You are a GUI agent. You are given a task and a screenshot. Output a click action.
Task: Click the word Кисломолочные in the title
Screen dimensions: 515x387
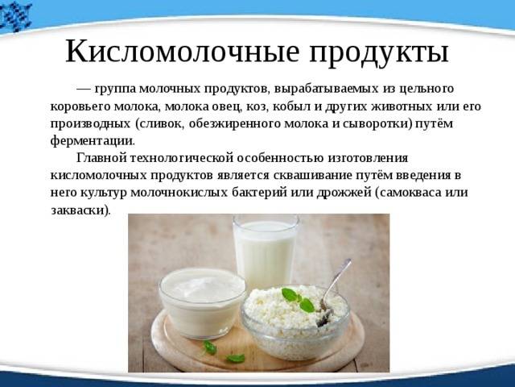coord(183,52)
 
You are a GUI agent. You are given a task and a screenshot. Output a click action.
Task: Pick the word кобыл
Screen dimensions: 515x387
coord(288,106)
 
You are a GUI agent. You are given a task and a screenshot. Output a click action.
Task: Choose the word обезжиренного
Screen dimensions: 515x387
coord(234,123)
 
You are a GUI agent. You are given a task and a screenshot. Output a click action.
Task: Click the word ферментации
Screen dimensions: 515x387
coord(93,141)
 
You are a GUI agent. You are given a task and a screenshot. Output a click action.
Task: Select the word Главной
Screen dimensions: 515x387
coord(102,158)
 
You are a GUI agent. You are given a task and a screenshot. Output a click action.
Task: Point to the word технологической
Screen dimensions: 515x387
coord(182,158)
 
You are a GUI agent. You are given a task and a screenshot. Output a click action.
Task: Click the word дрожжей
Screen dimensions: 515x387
coord(344,193)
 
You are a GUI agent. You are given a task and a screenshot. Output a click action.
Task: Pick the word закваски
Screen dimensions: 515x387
coord(80,210)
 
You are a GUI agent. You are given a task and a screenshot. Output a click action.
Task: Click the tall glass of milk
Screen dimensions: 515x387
coord(265,251)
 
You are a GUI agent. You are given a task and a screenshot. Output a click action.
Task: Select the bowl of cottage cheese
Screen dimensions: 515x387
coord(295,322)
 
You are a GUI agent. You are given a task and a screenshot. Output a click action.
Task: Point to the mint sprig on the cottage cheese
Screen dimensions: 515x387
coord(299,299)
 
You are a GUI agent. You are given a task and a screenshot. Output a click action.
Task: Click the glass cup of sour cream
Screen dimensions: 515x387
coord(202,303)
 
